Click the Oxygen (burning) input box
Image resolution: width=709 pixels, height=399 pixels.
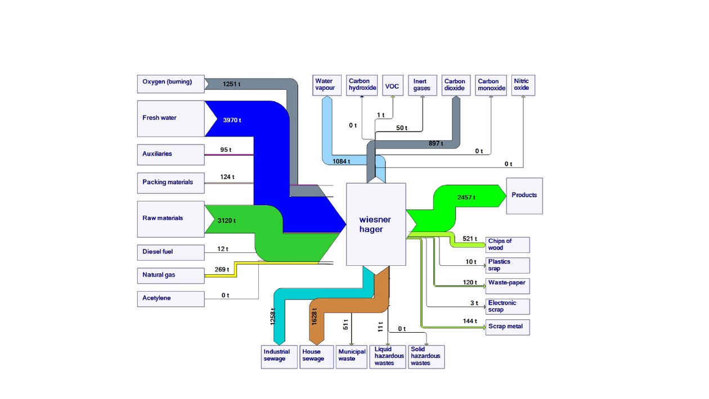click(170, 84)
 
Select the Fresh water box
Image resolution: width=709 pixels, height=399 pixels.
click(170, 119)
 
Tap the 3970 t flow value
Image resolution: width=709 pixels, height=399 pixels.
click(232, 120)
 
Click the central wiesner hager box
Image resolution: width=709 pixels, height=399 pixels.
click(375, 224)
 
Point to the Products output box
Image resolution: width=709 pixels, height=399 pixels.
click(524, 196)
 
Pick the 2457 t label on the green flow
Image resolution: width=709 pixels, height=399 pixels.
click(466, 197)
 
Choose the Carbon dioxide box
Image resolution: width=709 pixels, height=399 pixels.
click(454, 85)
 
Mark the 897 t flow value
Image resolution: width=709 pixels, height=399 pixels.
click(436, 144)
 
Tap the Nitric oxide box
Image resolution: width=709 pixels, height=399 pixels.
click(523, 85)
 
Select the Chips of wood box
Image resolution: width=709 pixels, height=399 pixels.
click(508, 244)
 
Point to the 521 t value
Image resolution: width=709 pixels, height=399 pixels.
click(469, 239)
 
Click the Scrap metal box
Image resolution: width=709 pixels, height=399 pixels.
click(508, 327)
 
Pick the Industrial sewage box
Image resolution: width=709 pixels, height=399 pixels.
click(279, 356)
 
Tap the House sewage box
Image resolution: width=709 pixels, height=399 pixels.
click(316, 356)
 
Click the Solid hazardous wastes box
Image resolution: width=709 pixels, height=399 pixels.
click(426, 356)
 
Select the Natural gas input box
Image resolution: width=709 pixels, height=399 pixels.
click(170, 276)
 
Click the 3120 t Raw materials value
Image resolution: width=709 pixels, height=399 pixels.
click(227, 220)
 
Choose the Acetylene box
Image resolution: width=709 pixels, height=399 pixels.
click(170, 298)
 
